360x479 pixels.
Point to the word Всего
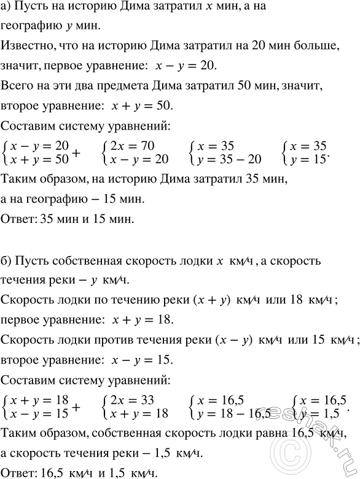[17, 87]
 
